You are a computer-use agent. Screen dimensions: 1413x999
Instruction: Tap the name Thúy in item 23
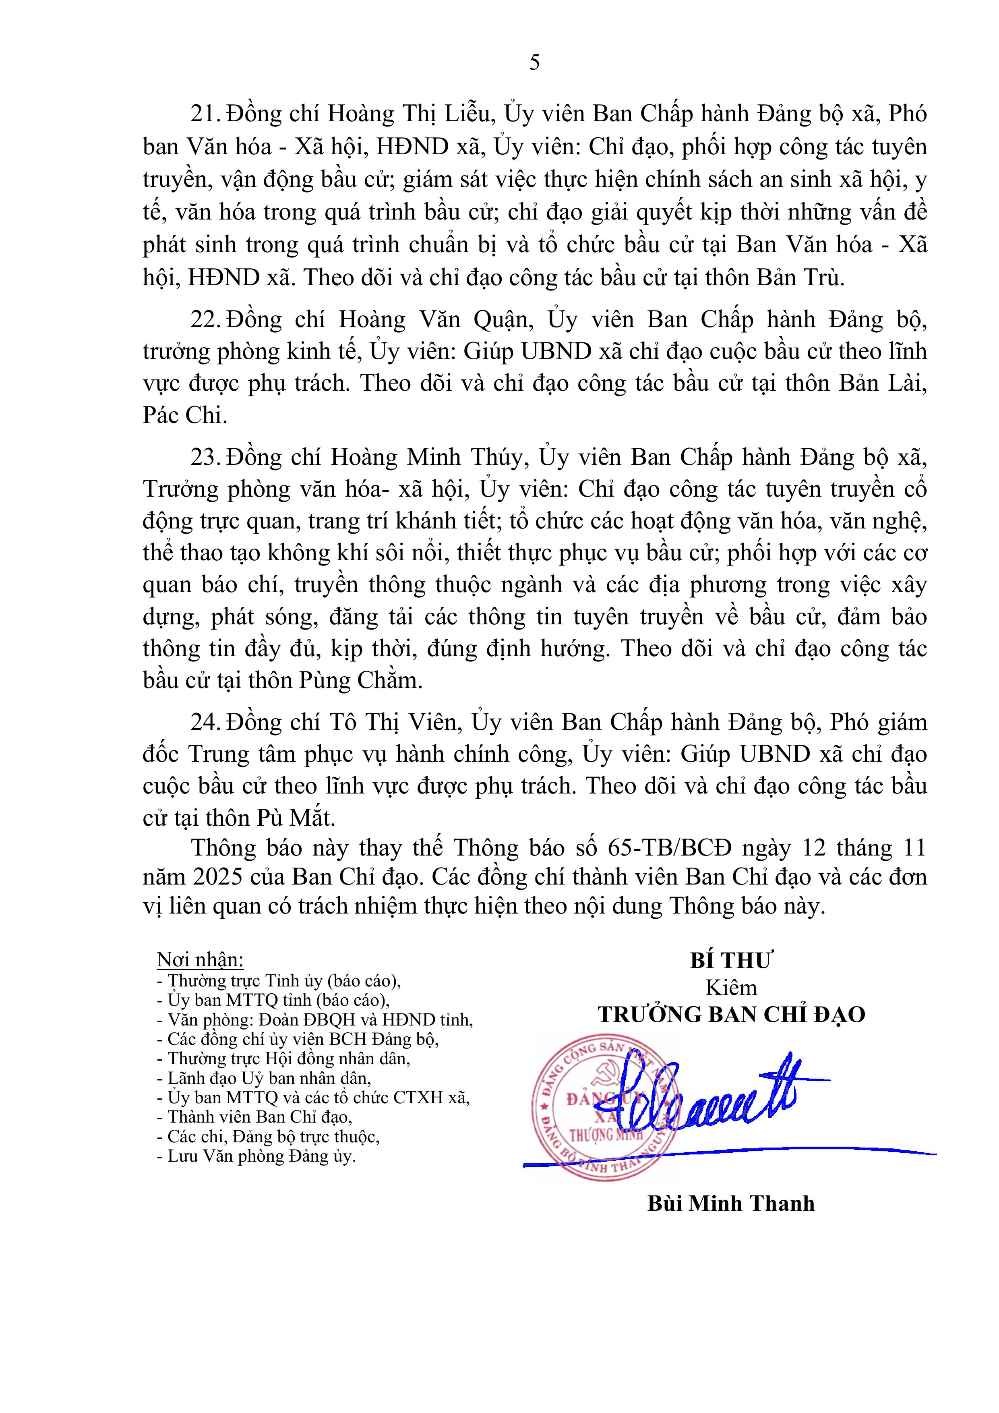pyautogui.click(x=496, y=457)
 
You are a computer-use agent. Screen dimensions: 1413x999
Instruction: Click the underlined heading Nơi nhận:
pyautogui.click(x=200, y=959)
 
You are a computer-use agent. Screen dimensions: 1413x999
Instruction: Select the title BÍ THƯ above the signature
pyautogui.click(x=731, y=961)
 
